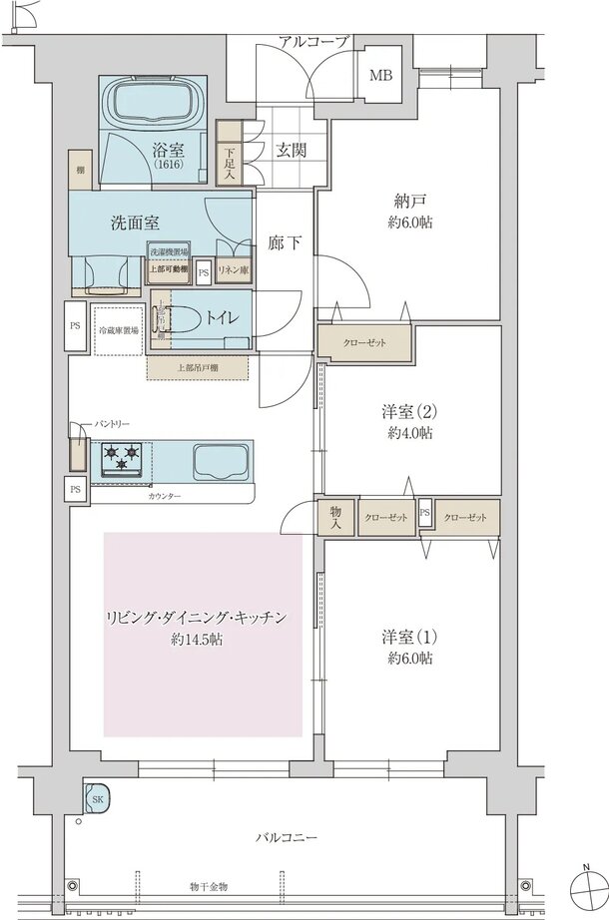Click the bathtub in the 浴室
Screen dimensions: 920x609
154,102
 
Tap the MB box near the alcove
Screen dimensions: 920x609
381,76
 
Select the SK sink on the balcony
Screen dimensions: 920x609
99,800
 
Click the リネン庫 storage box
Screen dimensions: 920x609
233,270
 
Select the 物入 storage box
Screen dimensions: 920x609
335,517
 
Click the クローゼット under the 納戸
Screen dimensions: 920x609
364,340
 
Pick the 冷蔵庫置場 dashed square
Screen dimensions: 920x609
118,328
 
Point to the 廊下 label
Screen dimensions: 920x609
284,242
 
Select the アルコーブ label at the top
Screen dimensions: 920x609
313,42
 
